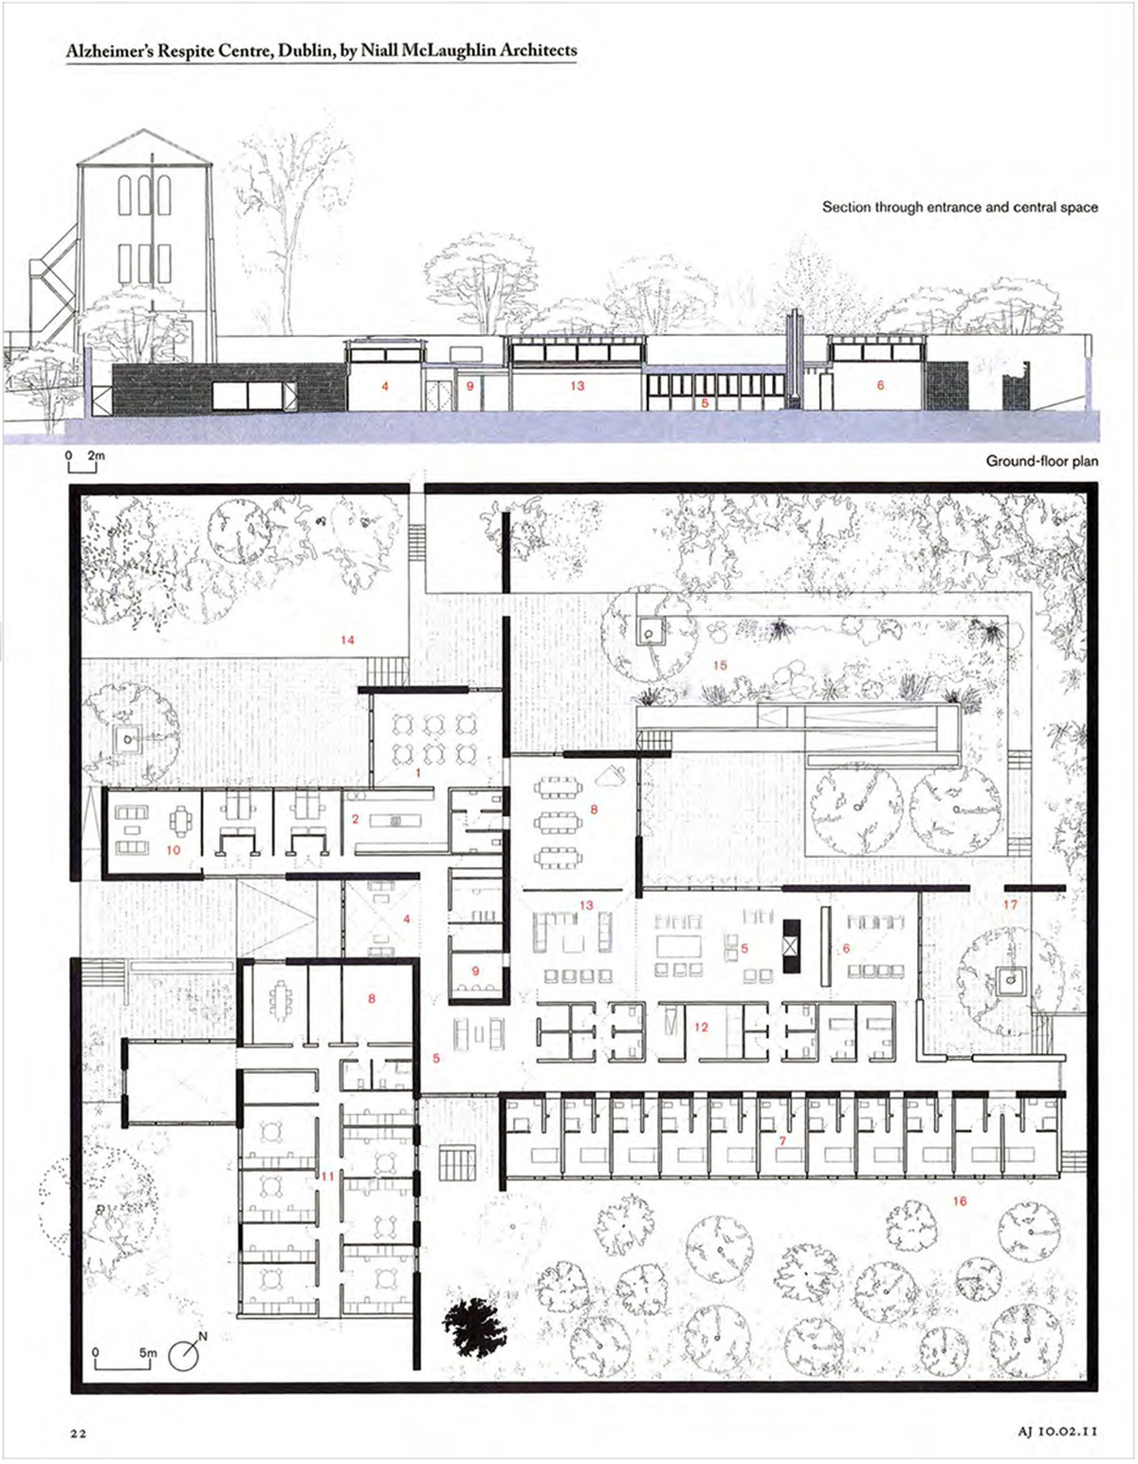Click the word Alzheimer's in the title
tap(110, 51)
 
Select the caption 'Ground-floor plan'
tap(1041, 461)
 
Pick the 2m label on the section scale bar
tap(97, 455)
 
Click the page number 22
tap(79, 1433)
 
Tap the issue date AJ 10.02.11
tap(1058, 1431)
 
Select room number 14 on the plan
tap(347, 640)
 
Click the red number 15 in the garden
tap(720, 666)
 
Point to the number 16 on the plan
tap(960, 1201)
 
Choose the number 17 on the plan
tap(1010, 905)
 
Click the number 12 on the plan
tap(701, 1028)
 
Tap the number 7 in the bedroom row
tap(782, 1141)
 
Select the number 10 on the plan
tap(174, 850)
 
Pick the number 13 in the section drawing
tap(578, 386)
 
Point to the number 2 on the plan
tap(355, 819)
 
